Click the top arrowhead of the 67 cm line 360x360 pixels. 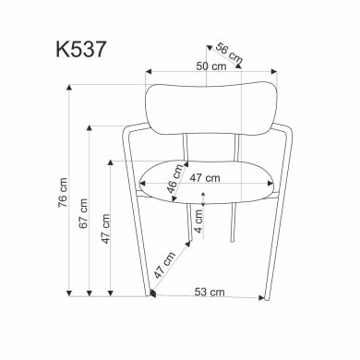[90, 124]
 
